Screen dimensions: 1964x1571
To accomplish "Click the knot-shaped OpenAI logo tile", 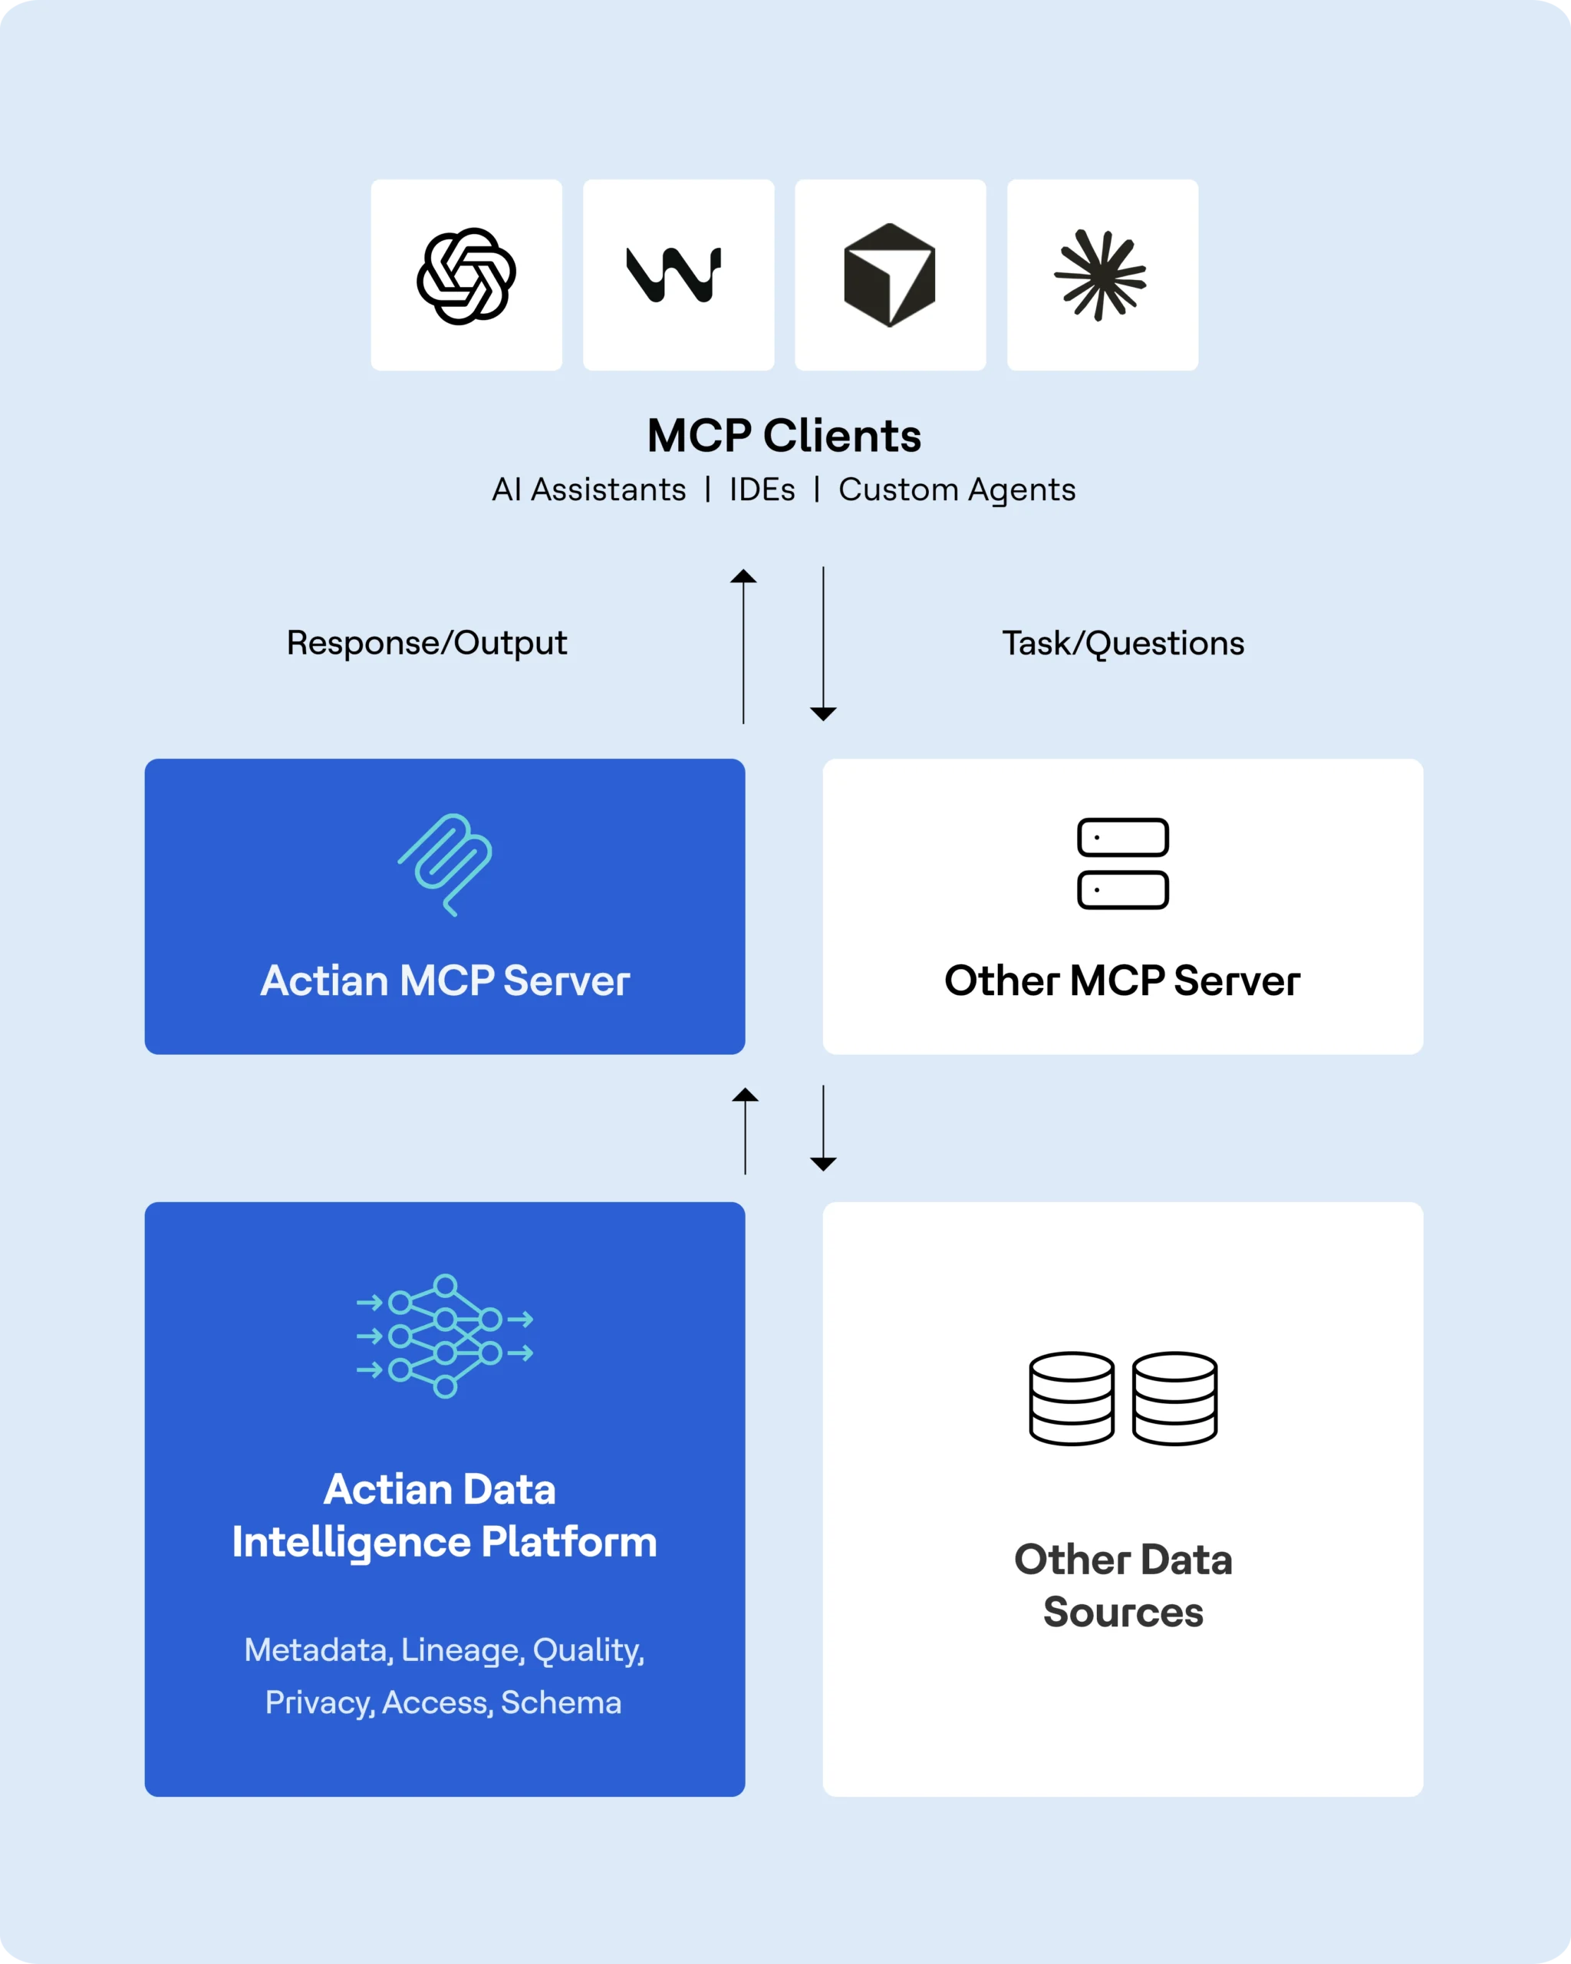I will (466, 275).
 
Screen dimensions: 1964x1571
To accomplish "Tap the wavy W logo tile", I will (678, 275).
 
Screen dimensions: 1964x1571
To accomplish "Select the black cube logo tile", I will (890, 275).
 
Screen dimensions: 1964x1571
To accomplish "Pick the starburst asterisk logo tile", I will (1102, 275).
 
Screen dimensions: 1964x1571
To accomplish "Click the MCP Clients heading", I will (784, 436).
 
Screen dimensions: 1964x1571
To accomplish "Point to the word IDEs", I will (762, 490).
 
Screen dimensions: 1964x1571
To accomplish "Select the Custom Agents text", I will (957, 490).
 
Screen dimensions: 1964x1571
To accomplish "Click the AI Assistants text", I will (589, 490).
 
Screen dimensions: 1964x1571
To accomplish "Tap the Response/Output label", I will (427, 643).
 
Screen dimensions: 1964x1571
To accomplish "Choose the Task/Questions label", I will (1123, 643).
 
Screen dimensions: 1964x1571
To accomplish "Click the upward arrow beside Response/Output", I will (743, 646).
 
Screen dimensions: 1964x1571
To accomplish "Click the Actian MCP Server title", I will (444, 981).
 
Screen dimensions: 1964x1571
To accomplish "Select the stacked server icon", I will (1123, 864).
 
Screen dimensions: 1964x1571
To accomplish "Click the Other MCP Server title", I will (1122, 981).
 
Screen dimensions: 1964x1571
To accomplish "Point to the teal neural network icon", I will (444, 1336).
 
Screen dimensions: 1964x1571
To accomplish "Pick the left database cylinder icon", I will (1071, 1399).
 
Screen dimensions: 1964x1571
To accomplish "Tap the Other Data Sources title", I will (1123, 1586).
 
